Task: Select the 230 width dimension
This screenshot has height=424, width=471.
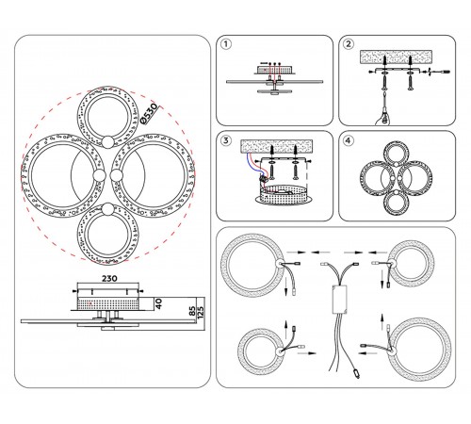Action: (109, 278)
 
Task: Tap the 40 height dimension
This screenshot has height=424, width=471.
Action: (159, 303)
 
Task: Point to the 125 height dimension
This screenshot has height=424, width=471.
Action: (201, 313)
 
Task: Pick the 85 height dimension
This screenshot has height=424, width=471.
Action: (192, 312)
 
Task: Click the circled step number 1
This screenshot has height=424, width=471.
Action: (226, 44)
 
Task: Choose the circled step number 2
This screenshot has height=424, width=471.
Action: (348, 44)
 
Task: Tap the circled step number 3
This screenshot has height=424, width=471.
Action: (226, 140)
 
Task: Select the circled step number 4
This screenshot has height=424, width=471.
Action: (348, 140)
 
